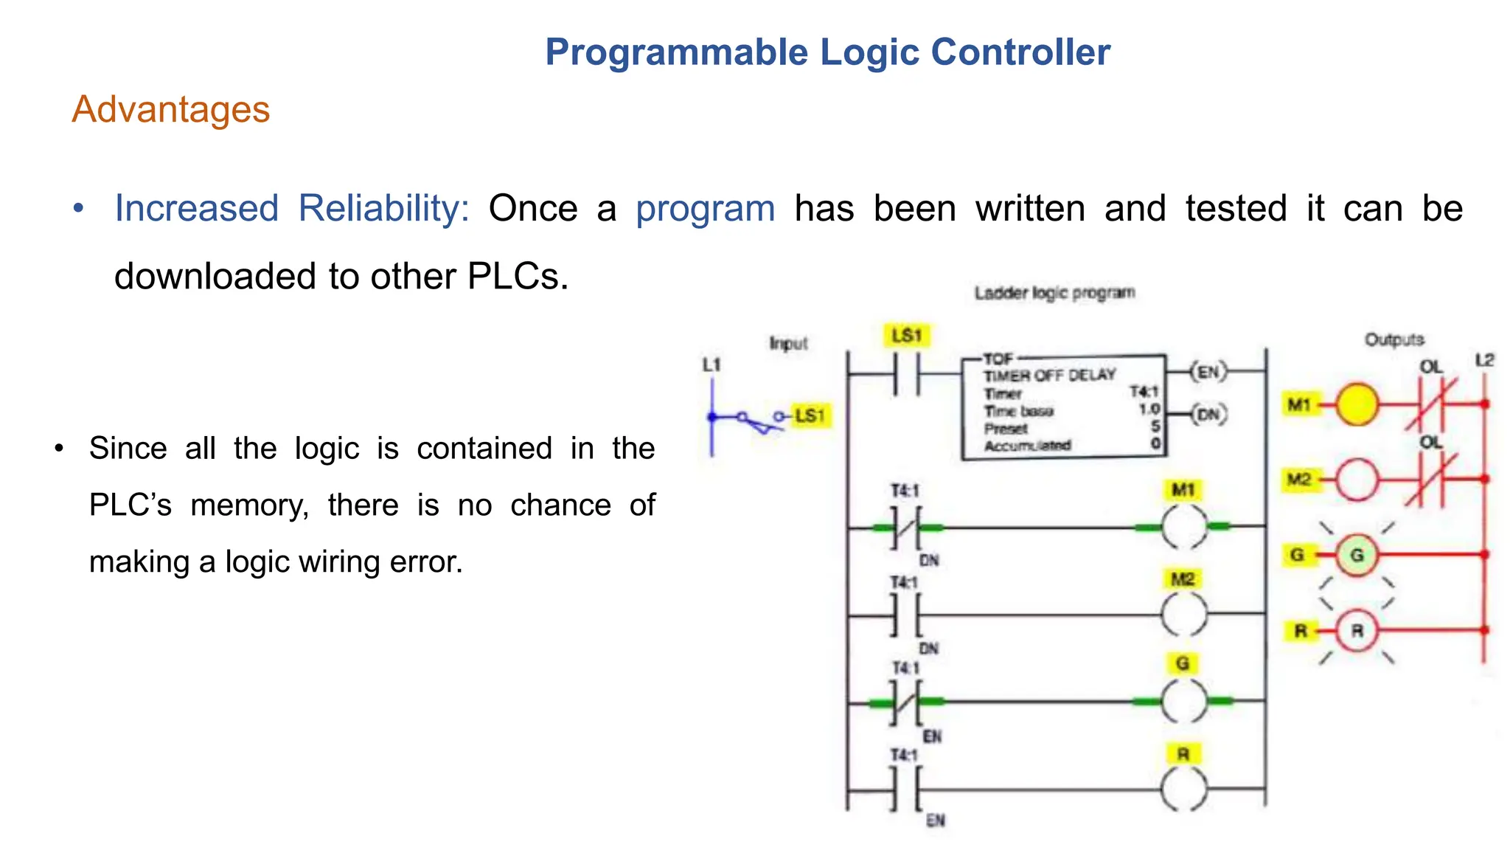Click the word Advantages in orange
tap(170, 110)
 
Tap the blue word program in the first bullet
tap(705, 209)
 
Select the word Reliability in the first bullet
tap(383, 209)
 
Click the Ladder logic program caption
tap(1054, 293)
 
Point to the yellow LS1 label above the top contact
tap(906, 336)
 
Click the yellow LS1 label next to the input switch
tap(810, 415)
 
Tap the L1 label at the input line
tap(711, 364)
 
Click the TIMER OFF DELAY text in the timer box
tap(1049, 375)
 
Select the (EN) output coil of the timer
tap(1208, 372)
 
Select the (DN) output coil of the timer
tap(1208, 415)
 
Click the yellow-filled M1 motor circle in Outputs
tap(1357, 404)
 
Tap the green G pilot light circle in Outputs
tap(1357, 555)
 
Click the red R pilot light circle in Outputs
tap(1357, 631)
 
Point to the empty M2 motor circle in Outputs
tap(1357, 480)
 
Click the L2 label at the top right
tap(1484, 360)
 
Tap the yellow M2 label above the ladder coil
tap(1183, 579)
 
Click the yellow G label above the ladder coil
tap(1183, 663)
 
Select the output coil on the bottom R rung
tap(1184, 789)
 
